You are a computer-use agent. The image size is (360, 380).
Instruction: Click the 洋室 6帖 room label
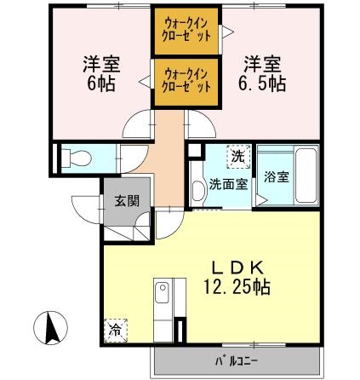point(100,74)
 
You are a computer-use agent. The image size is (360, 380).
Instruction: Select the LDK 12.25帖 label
point(237,277)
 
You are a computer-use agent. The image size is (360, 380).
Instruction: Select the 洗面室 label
point(228,182)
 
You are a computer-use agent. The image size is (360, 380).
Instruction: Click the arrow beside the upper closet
point(226,32)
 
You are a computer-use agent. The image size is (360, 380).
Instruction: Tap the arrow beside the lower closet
point(146,82)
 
